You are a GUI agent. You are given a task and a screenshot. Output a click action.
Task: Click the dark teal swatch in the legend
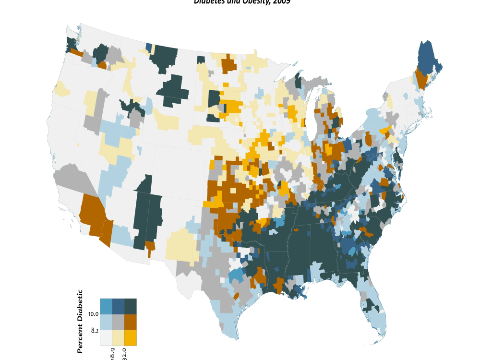[x=130, y=306]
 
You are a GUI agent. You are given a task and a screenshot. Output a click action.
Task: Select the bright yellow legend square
[x=130, y=338]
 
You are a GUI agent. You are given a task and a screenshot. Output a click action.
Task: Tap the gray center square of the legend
[x=118, y=322]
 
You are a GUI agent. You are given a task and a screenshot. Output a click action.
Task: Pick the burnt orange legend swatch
[x=130, y=322]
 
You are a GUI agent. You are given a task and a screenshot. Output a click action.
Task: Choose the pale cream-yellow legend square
[x=118, y=338]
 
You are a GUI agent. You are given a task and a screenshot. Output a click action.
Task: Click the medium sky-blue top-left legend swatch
[x=106, y=306]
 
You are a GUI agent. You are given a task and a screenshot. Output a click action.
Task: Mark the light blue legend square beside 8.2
[x=106, y=322]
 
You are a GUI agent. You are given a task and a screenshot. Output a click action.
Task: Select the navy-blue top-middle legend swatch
[x=118, y=306]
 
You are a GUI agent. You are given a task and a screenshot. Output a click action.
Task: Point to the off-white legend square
[x=106, y=338]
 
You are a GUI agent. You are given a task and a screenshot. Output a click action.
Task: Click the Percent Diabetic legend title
[x=80, y=321]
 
